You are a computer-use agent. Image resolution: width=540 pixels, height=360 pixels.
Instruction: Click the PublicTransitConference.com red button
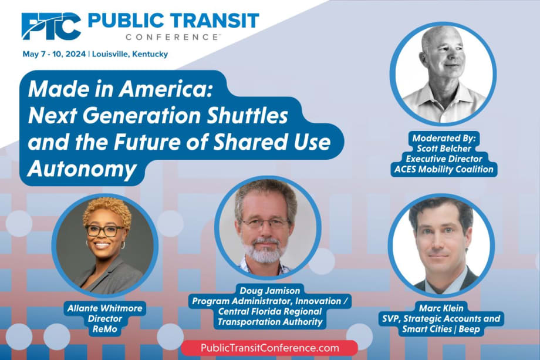pos(270,348)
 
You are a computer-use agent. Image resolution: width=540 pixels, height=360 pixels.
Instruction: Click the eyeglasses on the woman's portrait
pos(104,230)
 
